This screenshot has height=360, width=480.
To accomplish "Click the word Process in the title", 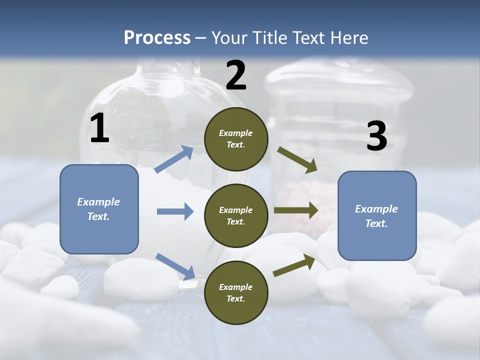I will [x=157, y=38].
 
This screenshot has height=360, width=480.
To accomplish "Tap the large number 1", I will [x=99, y=128].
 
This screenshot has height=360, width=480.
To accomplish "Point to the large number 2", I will [x=236, y=75].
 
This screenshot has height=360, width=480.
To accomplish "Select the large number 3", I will [x=376, y=136].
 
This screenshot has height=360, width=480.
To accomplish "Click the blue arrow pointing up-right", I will [x=174, y=159].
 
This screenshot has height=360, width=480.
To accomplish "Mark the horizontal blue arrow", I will [x=175, y=211].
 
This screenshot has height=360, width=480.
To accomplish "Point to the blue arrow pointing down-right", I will [x=175, y=266].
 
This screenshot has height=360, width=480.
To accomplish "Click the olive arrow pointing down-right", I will [x=297, y=160].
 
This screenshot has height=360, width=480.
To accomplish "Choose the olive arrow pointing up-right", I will [x=294, y=265].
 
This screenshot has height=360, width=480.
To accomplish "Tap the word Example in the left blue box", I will [x=98, y=202].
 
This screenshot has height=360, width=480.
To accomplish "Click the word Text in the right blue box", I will [x=375, y=223].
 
